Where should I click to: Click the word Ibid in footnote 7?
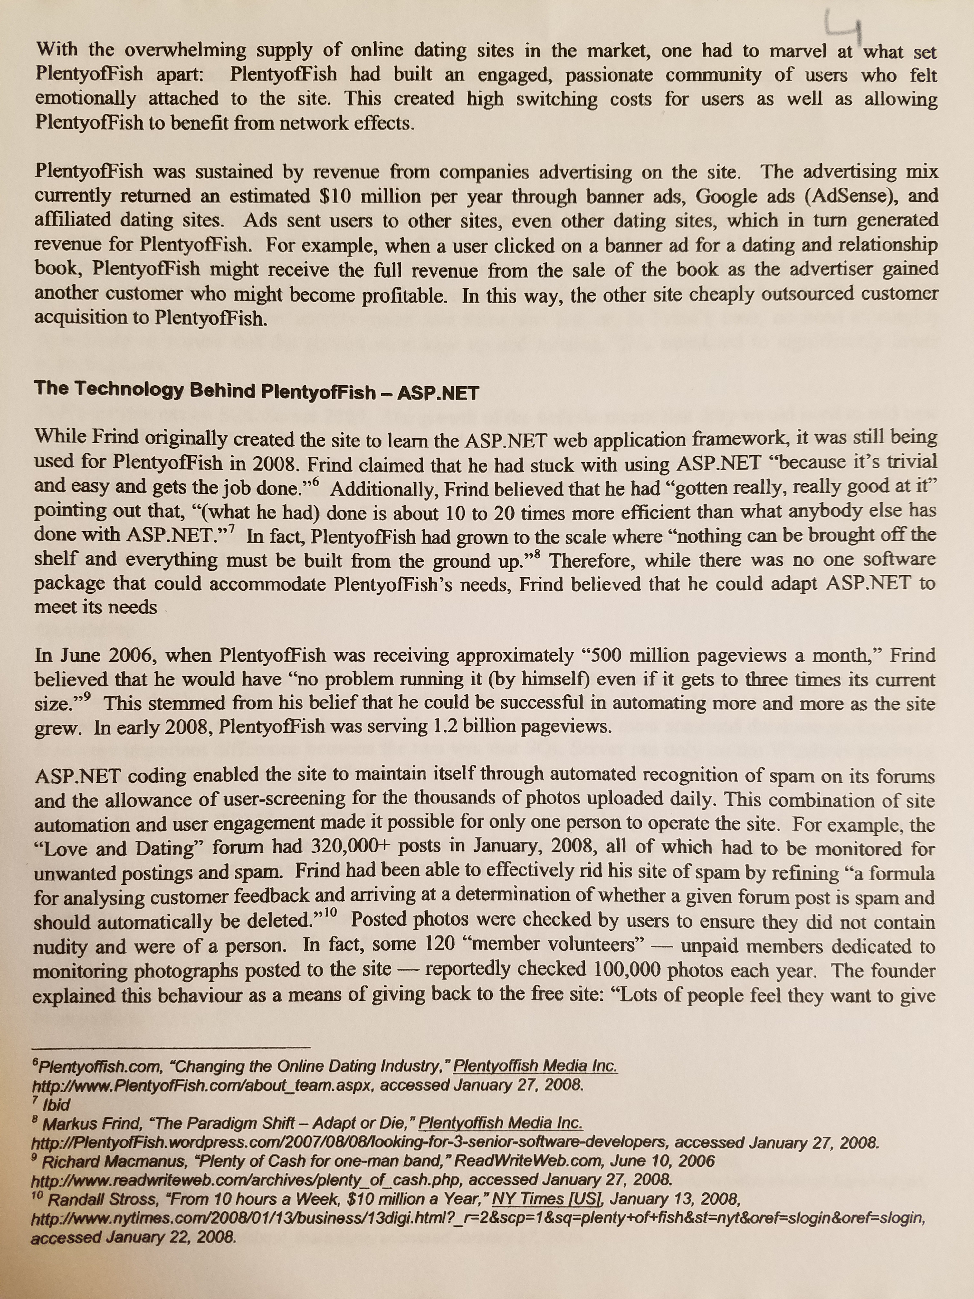click(57, 1105)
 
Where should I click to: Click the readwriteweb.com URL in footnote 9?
click(247, 1179)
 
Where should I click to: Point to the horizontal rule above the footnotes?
click(171, 1048)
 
